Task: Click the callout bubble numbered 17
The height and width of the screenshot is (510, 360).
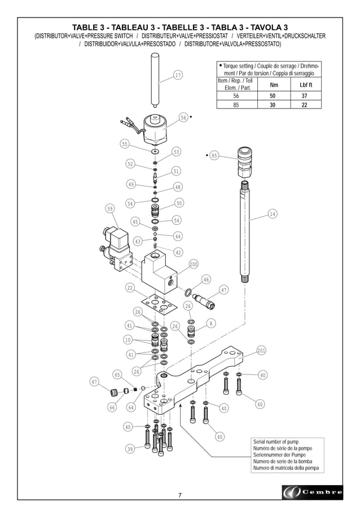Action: [177, 75]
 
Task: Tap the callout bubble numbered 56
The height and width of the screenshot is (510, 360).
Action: [183, 117]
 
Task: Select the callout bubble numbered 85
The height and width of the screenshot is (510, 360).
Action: [214, 155]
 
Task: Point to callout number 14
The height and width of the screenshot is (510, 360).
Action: [273, 214]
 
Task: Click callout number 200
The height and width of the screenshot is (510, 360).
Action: [193, 264]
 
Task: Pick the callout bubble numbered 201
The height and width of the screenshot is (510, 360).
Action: [261, 351]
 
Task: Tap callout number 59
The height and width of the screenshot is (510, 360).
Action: [110, 208]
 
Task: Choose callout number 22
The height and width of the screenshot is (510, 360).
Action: [130, 288]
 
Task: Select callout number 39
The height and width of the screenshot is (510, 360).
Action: [130, 449]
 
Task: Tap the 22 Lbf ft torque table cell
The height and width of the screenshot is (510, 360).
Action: [304, 104]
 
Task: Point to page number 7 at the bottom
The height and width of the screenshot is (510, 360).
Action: [180, 495]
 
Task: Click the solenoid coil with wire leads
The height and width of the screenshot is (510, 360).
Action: [152, 128]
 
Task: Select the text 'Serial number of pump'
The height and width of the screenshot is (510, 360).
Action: [276, 442]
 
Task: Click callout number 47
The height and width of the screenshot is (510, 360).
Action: [223, 290]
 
